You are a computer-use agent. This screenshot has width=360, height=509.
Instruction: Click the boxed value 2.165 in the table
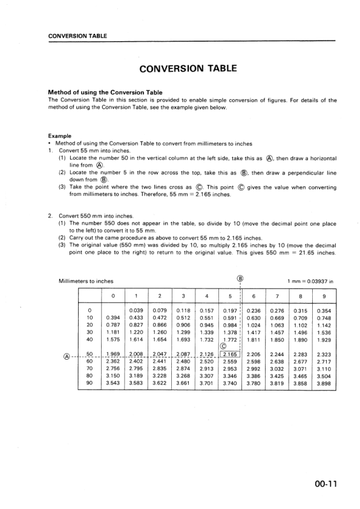[x=229, y=354]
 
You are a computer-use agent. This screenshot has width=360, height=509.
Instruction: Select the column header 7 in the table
[x=277, y=296]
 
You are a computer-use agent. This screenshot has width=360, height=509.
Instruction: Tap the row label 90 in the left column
[x=90, y=383]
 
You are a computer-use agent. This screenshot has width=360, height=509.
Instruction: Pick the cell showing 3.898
[x=324, y=383]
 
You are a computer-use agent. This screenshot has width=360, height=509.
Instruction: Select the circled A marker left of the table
[x=67, y=355]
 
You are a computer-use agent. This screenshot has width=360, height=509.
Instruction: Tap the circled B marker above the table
[x=240, y=279]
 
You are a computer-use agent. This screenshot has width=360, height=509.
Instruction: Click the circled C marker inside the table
[x=230, y=346]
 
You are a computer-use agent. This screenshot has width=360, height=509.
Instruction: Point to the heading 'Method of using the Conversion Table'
[x=105, y=92]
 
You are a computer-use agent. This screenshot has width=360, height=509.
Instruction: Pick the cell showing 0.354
[x=324, y=311]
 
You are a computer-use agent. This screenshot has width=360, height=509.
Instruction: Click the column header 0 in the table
[x=113, y=296]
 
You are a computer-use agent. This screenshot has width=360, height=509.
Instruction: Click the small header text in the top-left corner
[x=77, y=36]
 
